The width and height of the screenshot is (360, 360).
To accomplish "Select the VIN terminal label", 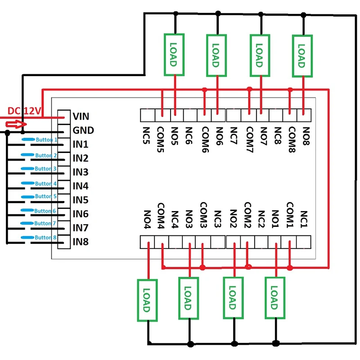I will pos(81,117).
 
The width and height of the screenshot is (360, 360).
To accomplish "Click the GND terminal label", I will pos(83,130).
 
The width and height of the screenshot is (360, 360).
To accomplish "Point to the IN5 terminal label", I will pos(81,200).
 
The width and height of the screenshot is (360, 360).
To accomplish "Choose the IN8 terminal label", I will pos(81,242).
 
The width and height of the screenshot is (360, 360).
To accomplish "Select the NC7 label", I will pos(234,135).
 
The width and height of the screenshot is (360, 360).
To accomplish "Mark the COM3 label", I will pos(203,215).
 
